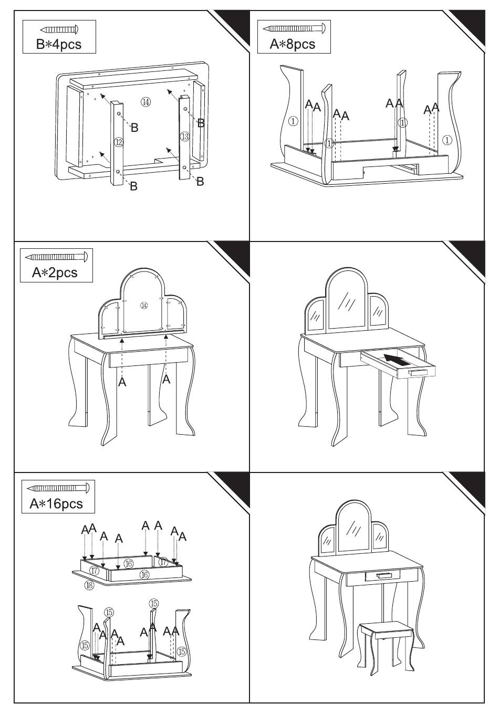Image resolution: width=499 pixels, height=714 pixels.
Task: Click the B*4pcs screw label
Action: click(x=59, y=44)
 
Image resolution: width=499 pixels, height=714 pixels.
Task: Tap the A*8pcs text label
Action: click(x=293, y=44)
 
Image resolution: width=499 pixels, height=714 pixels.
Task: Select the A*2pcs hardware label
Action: click(x=55, y=272)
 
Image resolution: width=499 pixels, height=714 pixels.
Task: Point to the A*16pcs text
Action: click(x=56, y=503)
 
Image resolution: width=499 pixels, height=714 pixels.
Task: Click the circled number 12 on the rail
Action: click(x=119, y=142)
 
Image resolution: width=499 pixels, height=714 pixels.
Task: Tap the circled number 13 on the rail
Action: click(x=184, y=136)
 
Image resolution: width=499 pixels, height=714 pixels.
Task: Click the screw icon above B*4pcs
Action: click(x=59, y=29)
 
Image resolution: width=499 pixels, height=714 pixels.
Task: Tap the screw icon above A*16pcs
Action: click(x=58, y=487)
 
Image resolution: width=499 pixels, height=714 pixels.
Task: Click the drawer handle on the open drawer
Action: click(x=418, y=372)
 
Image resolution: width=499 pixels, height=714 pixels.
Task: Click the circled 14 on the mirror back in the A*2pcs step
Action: click(x=144, y=305)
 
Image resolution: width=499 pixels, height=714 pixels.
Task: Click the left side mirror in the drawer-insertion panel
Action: click(x=315, y=316)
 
